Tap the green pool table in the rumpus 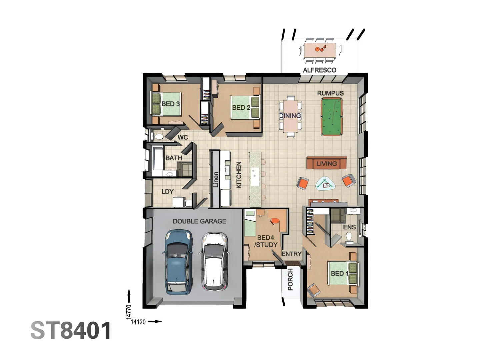pos(331,117)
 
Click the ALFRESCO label pos(319,70)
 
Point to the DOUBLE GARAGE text pos(199,221)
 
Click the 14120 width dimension pos(138,322)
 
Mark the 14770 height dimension pos(129,312)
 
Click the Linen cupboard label pos(216,179)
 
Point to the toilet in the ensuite pos(349,238)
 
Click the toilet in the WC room pos(158,137)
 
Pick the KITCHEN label pos(239,175)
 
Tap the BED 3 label pos(171,104)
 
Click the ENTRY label pos(291,254)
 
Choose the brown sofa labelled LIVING pos(326,163)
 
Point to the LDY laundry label pos(168,191)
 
